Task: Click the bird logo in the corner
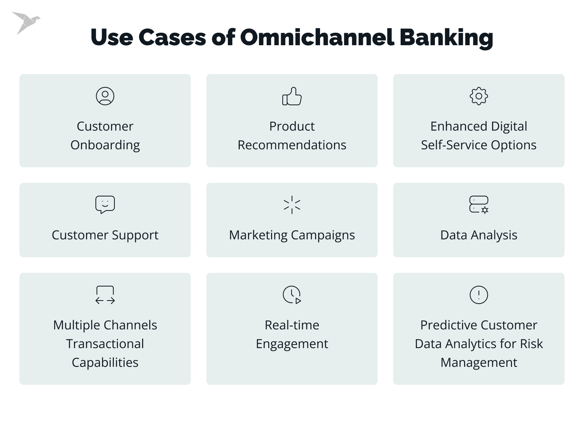pos(25,22)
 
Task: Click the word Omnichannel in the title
pos(317,37)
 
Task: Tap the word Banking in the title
pos(446,38)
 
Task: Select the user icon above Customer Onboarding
pos(105,96)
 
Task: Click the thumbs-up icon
pos(292,96)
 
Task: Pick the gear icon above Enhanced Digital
pos(479,96)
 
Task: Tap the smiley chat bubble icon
pos(105,205)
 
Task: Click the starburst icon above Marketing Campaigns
pos(292,205)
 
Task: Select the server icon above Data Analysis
pos(479,205)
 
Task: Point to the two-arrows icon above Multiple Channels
pos(105,295)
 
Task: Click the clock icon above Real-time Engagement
pos(292,295)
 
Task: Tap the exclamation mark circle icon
pos(479,295)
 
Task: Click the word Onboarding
pos(105,145)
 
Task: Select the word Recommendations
pos(292,145)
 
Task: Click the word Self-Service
pos(454,145)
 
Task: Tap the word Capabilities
pos(105,363)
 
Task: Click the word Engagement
pos(292,344)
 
